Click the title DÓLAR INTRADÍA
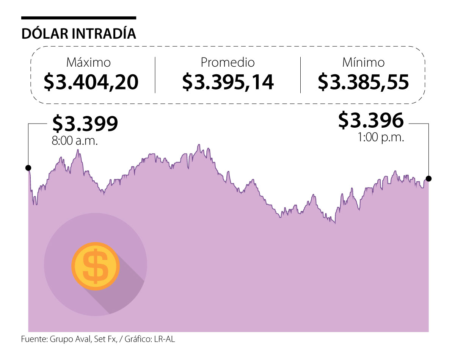coord(79,33)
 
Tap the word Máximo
coord(88,62)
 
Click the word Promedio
coord(227,62)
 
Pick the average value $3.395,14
coord(228,81)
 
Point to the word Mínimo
coord(363,62)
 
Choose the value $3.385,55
coord(363,81)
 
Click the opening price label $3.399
coord(85,123)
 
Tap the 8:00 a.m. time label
coord(75,141)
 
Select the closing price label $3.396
coord(371,120)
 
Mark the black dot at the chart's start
coord(28,168)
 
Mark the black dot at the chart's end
coord(428,178)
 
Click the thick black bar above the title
coord(79,18)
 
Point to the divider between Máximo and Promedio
coord(155,75)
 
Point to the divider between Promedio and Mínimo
coord(300,75)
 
